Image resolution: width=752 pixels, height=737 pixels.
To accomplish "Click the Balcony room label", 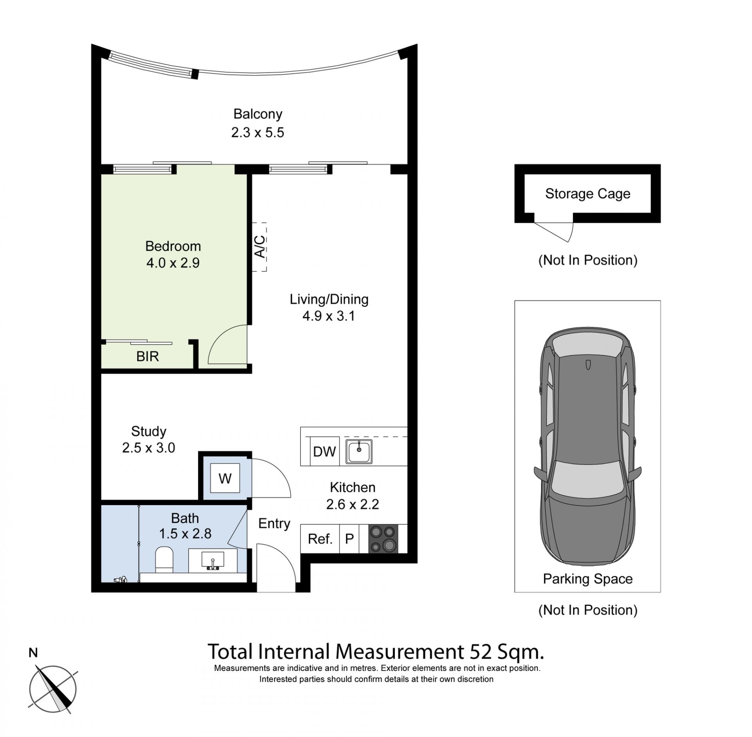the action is (258, 114).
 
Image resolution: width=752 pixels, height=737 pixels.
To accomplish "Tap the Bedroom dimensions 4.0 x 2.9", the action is (173, 263).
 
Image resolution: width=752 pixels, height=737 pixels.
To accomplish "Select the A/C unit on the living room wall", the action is (259, 247).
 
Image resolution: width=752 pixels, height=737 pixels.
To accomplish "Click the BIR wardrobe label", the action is (148, 356).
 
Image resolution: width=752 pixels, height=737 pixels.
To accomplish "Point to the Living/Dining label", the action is (329, 299).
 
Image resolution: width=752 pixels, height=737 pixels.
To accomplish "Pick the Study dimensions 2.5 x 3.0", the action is (148, 448).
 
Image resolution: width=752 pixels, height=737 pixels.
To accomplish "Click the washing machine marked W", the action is (225, 478).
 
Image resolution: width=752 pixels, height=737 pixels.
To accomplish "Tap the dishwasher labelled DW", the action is (324, 452).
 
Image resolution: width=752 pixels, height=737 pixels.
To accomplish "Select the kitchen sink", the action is (359, 452).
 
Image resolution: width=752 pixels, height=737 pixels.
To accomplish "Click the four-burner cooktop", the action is (383, 539).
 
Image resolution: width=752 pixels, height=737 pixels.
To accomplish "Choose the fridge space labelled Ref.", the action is (320, 539).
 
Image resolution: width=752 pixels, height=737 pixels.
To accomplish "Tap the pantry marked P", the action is (349, 539).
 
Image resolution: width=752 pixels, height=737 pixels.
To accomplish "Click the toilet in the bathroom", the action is (164, 560).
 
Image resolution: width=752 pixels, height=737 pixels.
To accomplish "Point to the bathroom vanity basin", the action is (213, 560).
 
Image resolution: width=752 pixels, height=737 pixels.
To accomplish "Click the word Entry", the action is (274, 524).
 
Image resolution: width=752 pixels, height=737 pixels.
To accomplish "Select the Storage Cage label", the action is (587, 194).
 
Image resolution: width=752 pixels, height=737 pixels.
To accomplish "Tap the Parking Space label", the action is (587, 578).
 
